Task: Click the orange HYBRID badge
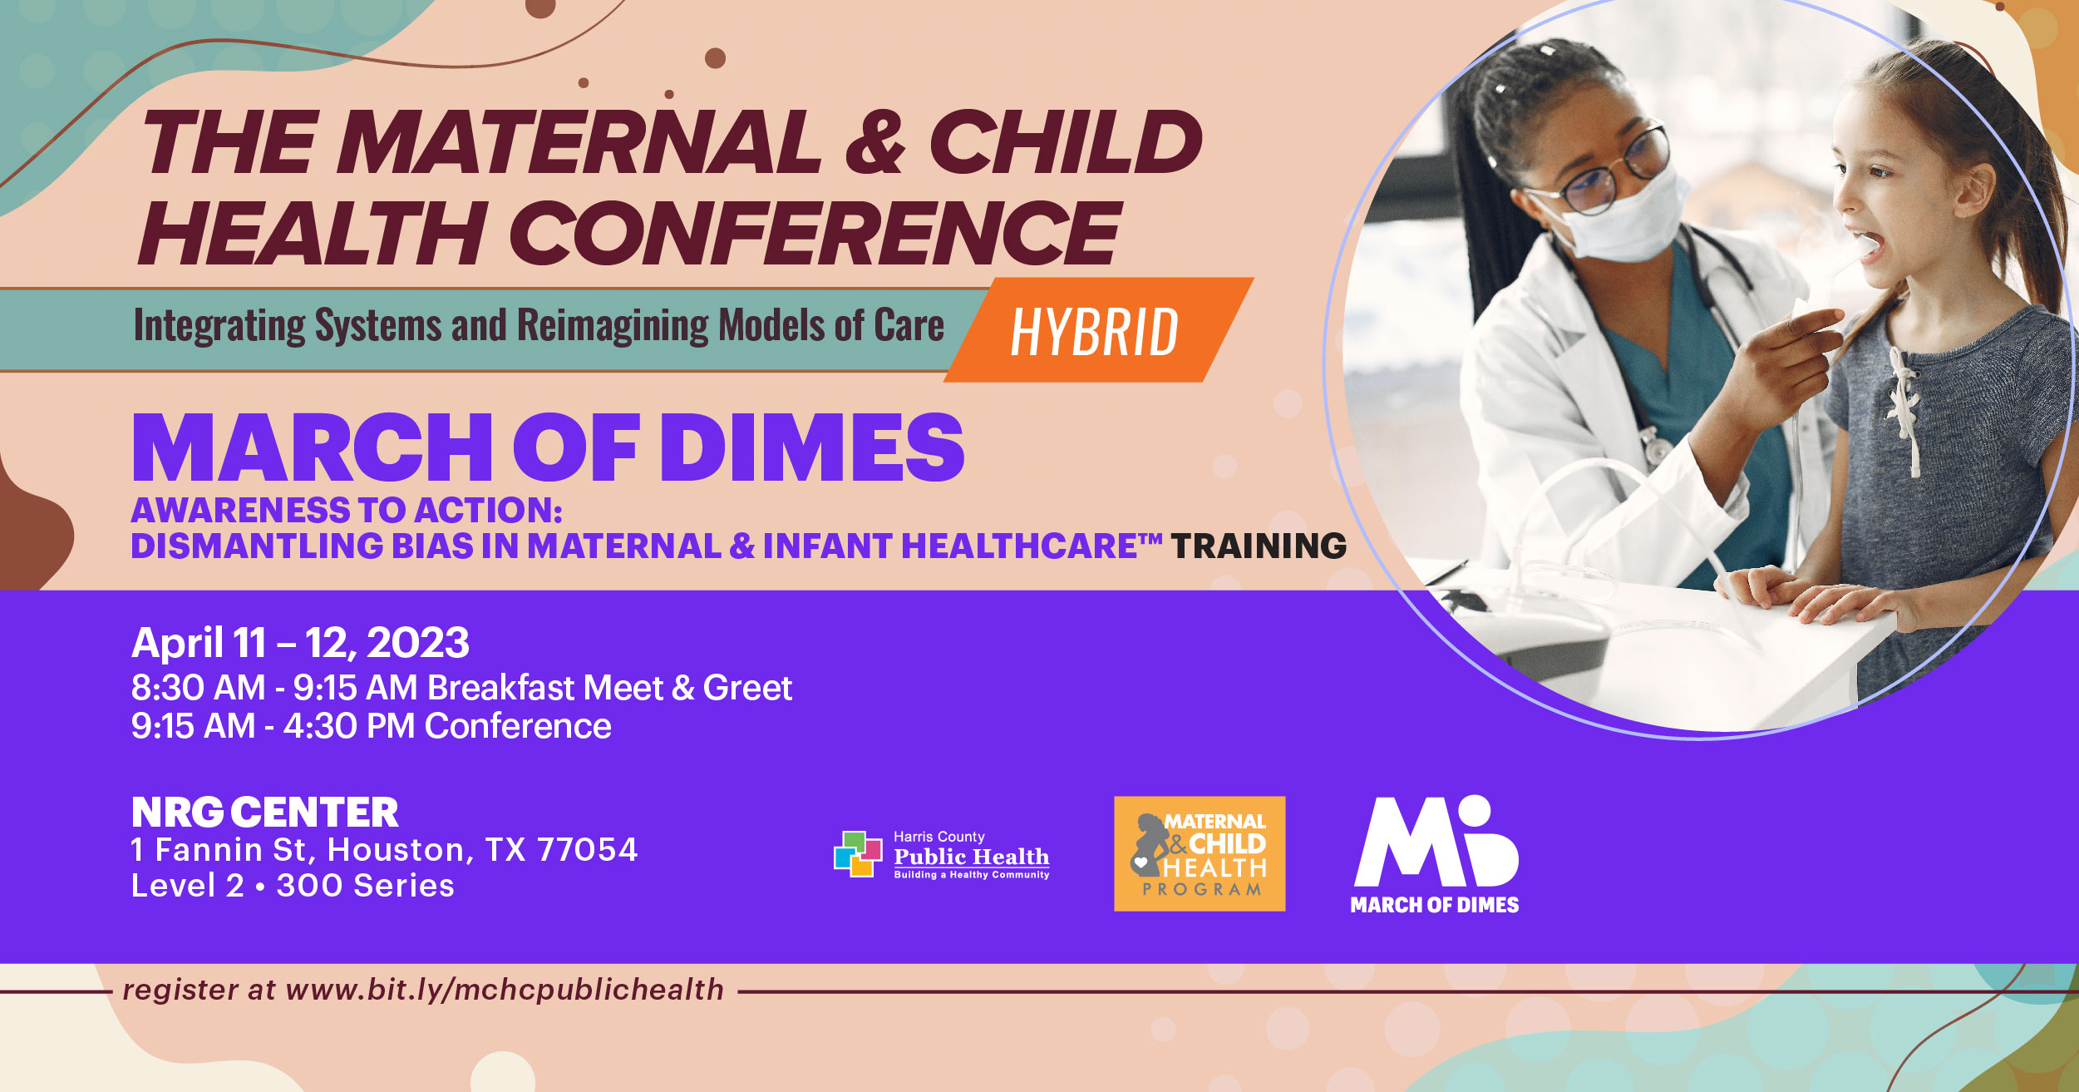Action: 1096,331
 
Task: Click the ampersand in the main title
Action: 874,143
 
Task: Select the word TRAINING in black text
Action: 1259,546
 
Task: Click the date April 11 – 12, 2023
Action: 300,643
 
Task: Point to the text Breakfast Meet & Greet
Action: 609,688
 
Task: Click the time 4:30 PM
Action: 348,726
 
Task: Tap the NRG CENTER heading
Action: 264,813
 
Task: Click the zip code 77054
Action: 587,850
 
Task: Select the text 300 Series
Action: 365,886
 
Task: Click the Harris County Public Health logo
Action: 941,854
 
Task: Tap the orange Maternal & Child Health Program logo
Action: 1199,854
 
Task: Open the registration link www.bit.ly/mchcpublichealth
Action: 505,990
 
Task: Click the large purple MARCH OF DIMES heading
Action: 548,449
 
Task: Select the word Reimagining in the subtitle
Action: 613,325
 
